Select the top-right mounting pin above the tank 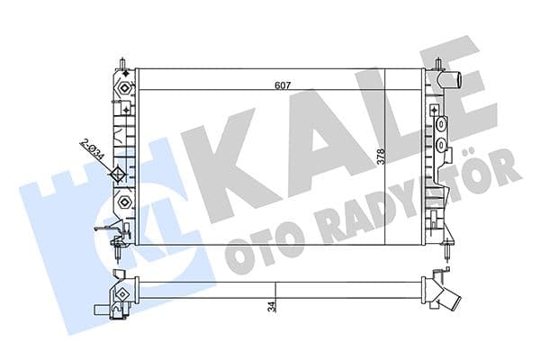(437, 65)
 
